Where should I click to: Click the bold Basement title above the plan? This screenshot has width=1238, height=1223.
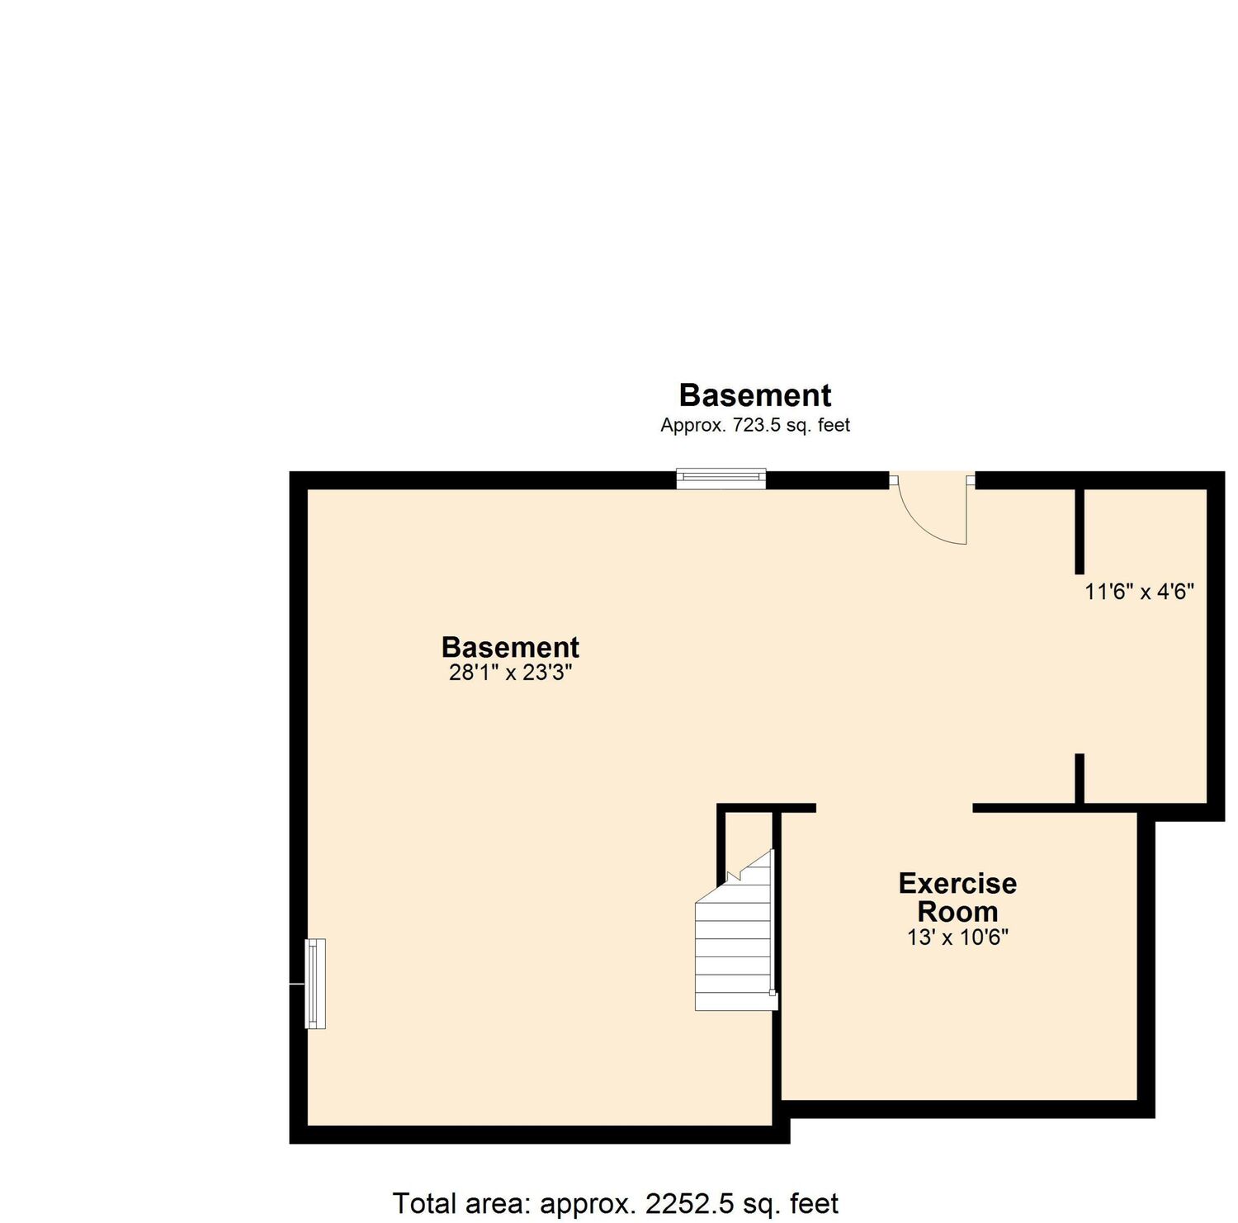[x=755, y=395]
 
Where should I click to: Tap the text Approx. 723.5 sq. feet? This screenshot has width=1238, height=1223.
[x=755, y=426]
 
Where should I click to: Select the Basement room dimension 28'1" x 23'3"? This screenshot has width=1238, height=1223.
[x=510, y=673]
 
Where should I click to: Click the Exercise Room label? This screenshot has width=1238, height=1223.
[x=957, y=898]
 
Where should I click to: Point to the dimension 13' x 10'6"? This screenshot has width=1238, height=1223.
[x=957, y=937]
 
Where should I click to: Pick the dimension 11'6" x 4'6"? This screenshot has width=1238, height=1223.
[x=1140, y=592]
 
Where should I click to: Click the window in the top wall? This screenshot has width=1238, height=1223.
[x=721, y=479]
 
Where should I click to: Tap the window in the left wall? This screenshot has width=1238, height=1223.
[x=315, y=984]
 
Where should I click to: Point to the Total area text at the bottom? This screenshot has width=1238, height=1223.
[x=616, y=1203]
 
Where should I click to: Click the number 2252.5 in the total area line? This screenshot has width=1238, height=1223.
[x=689, y=1203]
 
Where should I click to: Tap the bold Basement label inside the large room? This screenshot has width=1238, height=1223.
[x=510, y=647]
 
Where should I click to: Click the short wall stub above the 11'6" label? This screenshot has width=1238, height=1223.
[x=1079, y=531]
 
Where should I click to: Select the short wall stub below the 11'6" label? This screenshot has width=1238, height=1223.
[x=1079, y=779]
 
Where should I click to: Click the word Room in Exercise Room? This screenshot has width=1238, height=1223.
[x=957, y=912]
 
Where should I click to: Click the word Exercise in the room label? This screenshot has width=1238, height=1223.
[x=957, y=884]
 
